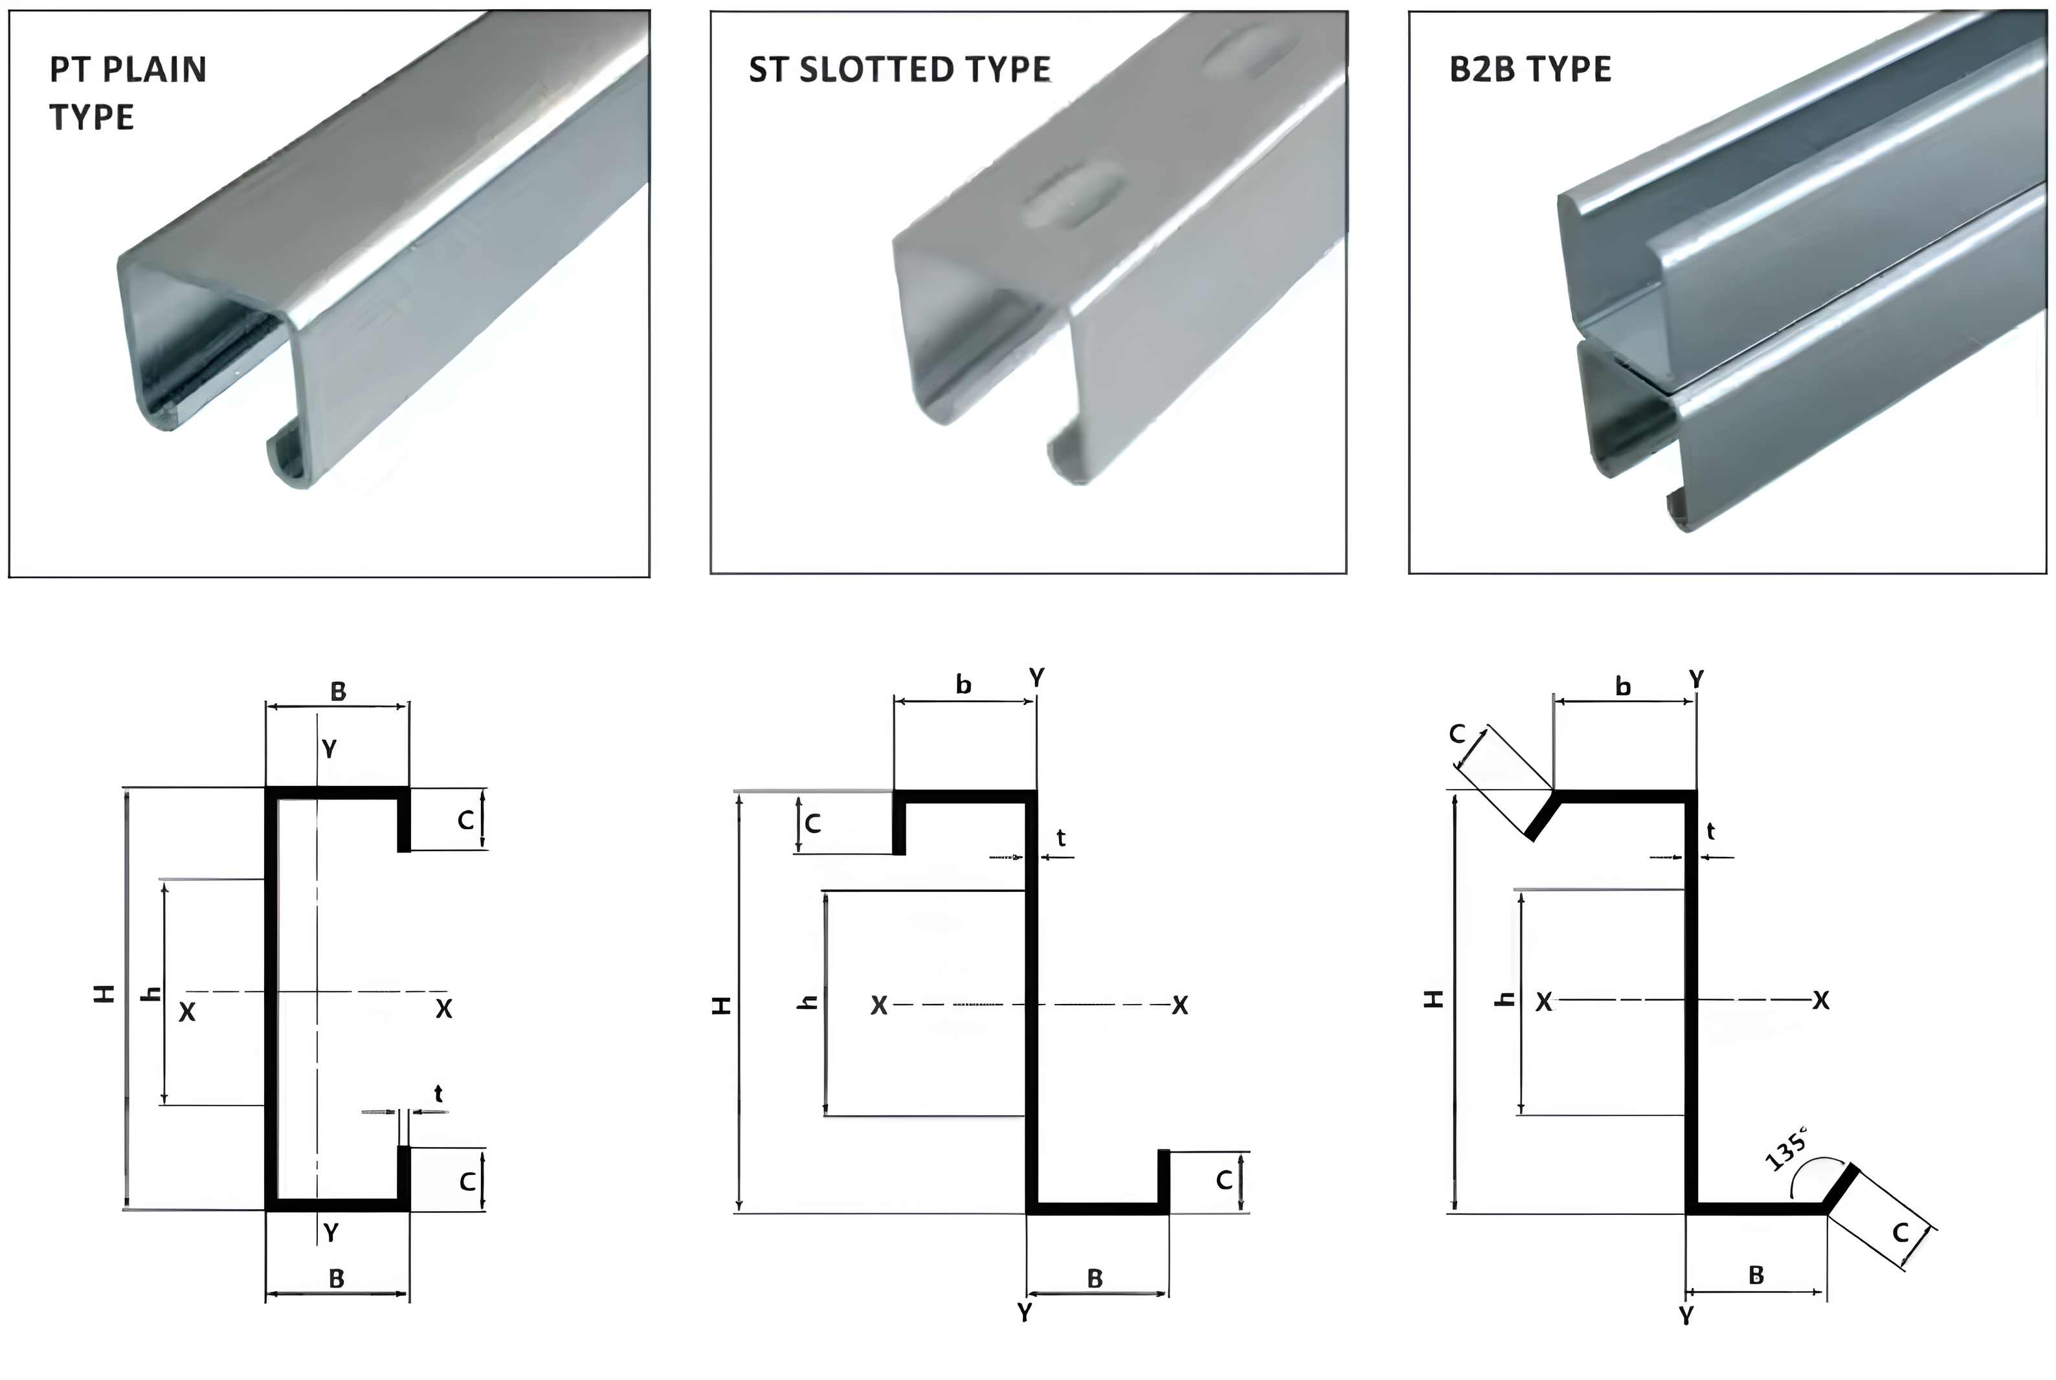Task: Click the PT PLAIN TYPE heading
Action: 128,93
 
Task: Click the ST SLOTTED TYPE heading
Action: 900,69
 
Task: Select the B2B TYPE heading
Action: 1530,69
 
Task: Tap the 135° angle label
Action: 1787,1148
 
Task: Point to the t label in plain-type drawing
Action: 438,1094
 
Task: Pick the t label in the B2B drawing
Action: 1710,832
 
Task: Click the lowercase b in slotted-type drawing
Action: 964,685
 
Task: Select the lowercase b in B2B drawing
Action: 1623,687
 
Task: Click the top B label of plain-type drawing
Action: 338,692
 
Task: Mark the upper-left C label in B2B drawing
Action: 1457,733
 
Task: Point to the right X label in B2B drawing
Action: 1821,1001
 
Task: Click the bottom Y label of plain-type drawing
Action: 331,1233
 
